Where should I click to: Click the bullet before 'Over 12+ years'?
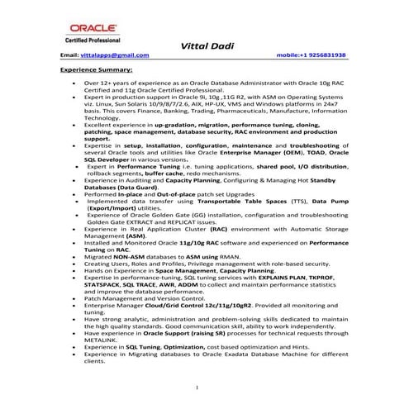click(74, 84)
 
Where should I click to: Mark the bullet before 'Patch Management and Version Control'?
click(74, 298)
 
